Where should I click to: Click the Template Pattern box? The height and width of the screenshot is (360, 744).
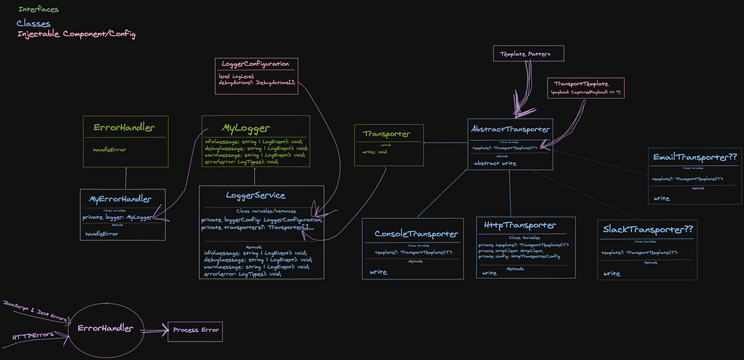click(529, 54)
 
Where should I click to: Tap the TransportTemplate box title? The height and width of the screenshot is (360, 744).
click(581, 84)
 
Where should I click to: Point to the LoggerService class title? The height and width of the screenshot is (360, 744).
click(255, 195)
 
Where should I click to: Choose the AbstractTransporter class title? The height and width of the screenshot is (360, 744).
click(511, 129)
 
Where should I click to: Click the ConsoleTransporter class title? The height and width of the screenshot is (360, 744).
click(416, 234)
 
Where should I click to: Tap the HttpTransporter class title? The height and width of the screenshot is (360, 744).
click(520, 225)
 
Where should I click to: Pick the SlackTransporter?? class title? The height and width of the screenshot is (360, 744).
click(648, 229)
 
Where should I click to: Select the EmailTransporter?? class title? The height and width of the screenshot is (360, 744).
click(694, 157)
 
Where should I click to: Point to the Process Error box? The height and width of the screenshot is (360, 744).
click(195, 330)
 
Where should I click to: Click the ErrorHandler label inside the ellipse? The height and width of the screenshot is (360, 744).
click(105, 328)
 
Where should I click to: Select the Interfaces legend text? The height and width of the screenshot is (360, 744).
click(38, 9)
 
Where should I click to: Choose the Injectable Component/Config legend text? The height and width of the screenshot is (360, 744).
click(76, 34)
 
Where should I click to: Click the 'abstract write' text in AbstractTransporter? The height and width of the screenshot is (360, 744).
click(495, 164)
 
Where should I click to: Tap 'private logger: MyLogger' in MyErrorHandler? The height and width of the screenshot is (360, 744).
click(118, 217)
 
